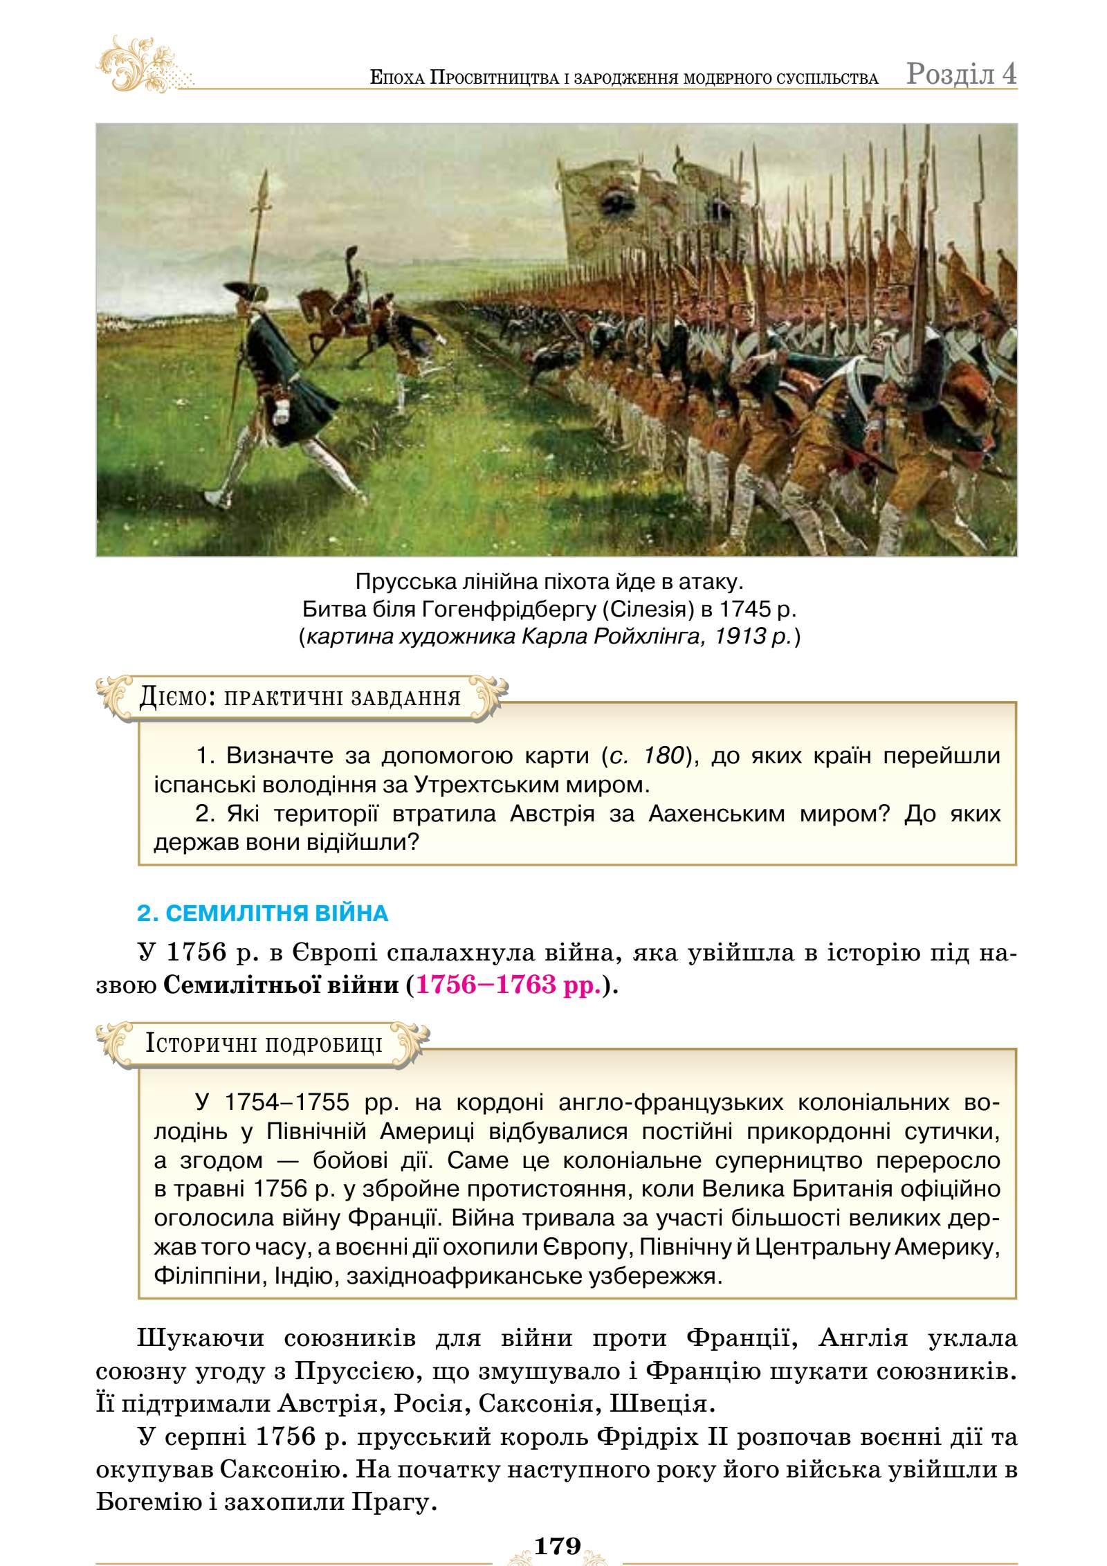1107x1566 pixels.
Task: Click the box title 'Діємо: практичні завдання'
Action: pos(300,697)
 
